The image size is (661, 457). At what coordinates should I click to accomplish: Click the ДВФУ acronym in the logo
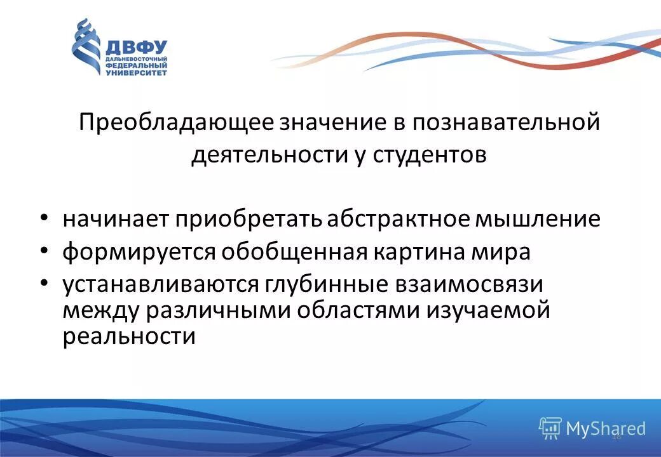135,47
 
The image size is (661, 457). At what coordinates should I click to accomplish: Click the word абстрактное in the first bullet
400,219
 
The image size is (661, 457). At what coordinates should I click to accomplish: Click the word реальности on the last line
128,336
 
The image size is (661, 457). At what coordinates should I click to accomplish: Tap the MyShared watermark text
605,428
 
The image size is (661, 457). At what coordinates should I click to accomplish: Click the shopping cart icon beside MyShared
550,428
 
